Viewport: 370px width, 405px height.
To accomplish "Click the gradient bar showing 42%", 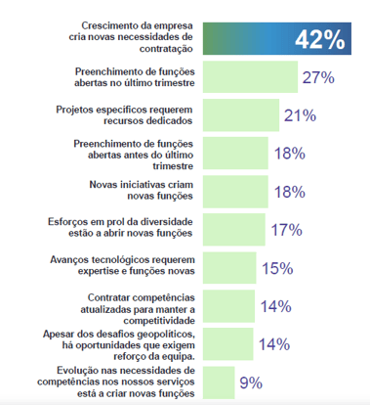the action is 277,38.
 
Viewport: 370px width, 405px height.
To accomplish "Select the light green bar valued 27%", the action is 250,77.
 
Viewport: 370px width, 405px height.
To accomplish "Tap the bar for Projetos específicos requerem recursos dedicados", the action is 241,115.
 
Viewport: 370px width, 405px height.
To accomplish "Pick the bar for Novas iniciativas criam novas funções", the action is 235,192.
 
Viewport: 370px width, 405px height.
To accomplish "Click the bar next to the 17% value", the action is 234,230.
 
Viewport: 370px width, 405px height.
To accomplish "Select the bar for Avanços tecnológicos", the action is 229,268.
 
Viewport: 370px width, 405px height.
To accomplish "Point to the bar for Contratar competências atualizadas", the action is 228,306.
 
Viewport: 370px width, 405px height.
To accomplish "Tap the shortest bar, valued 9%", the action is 219,382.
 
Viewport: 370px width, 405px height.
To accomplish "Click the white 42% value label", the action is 320,40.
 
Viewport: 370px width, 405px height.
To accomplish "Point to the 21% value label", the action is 300,115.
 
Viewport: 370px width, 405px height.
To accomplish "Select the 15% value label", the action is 277,268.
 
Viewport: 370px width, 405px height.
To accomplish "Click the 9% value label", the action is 251,382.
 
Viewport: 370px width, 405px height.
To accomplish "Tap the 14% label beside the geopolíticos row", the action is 274,344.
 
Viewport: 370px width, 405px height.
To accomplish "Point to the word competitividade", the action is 159,321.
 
